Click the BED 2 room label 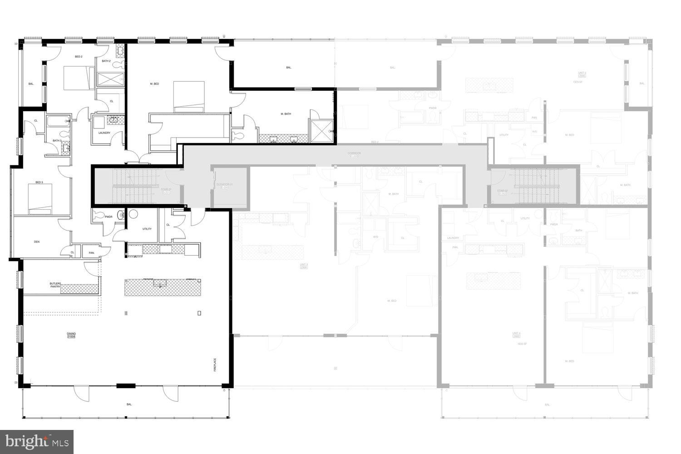coord(79,57)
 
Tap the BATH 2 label coord(106,61)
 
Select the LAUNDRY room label coord(104,133)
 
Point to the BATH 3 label coord(57,141)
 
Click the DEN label coord(37,242)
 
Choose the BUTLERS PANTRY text coord(55,285)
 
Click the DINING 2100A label coord(71,335)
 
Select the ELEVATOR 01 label coord(224,185)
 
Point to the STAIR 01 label coord(166,190)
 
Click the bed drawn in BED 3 coord(39,198)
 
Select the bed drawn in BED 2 coord(78,78)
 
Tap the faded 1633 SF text coord(522,344)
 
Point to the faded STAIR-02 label coord(502,192)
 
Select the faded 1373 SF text coord(582,82)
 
